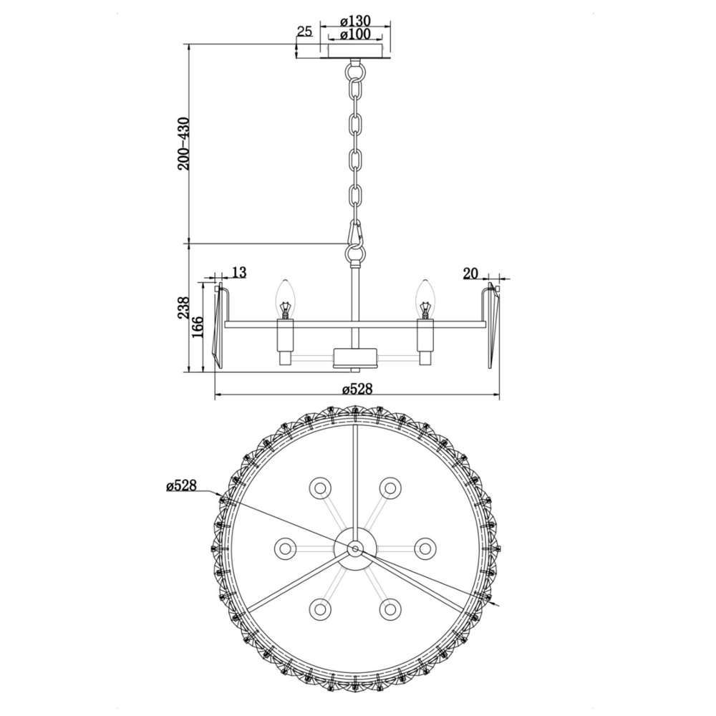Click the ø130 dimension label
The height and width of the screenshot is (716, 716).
(x=355, y=21)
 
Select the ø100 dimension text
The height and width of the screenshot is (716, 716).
(x=355, y=34)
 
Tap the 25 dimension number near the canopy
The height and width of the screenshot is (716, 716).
(x=304, y=32)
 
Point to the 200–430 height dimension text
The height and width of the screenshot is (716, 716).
(x=183, y=144)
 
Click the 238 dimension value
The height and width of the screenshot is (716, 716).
(x=183, y=308)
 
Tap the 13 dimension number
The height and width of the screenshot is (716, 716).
(x=239, y=273)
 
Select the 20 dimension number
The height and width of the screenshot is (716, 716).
(x=470, y=274)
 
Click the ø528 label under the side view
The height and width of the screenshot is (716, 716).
(x=357, y=389)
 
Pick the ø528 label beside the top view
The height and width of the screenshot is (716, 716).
(x=181, y=485)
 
